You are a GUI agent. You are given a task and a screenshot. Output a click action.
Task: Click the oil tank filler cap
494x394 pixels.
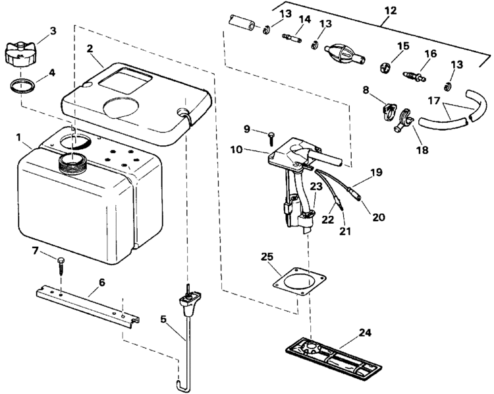tap(20, 54)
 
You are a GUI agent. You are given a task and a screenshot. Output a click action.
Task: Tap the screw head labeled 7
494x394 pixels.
tap(61, 261)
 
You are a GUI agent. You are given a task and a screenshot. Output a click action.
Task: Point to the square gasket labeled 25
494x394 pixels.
tap(299, 282)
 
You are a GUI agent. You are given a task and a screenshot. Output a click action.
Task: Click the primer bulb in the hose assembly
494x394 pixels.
tap(344, 55)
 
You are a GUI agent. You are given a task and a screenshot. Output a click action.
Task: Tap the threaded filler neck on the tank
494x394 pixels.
tap(72, 162)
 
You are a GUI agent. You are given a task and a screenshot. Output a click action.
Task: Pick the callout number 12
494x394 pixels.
tap(391, 11)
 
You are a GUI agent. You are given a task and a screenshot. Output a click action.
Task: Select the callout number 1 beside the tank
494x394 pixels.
tap(19, 137)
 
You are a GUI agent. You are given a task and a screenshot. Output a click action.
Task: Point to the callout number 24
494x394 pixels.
tap(365, 333)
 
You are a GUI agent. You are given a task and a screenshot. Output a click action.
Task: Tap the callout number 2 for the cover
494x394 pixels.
tap(90, 48)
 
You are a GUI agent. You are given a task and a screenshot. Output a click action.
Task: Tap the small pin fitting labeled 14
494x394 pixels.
tap(292, 38)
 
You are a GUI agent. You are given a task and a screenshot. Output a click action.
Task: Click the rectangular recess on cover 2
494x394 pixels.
tap(125, 81)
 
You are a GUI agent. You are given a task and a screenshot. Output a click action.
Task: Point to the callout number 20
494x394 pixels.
tap(378, 217)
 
